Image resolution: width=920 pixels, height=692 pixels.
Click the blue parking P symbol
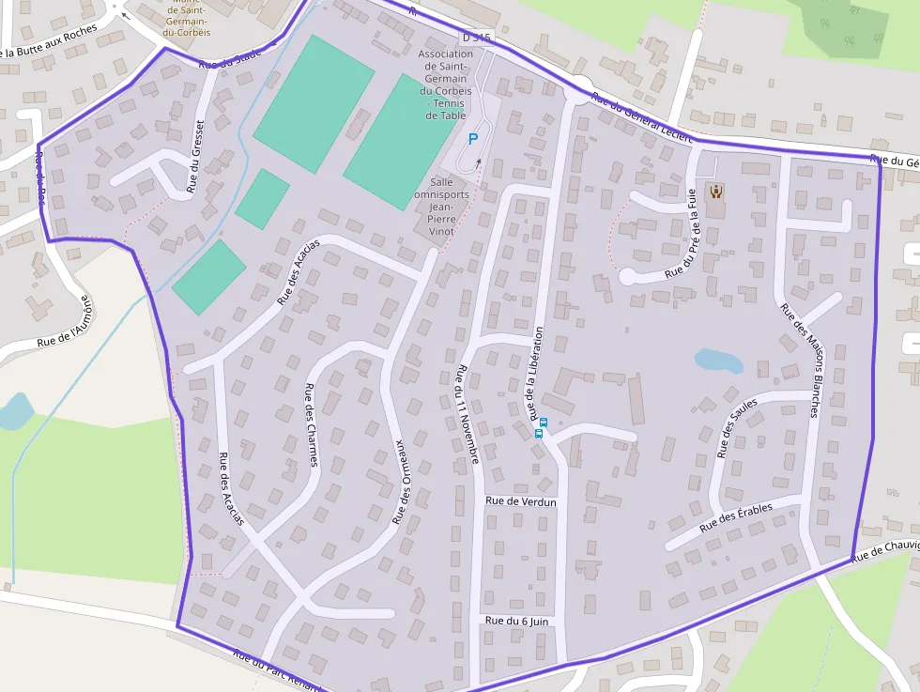click(472, 139)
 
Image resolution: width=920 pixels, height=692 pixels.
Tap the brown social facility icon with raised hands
click(716, 192)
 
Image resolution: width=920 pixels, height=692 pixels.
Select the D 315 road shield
click(476, 37)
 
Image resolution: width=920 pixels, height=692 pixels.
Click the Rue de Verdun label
click(521, 501)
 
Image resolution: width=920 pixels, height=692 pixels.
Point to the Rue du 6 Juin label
click(516, 621)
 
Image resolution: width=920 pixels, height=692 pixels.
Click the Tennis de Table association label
click(445, 85)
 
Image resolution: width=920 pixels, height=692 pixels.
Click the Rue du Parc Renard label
click(276, 670)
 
